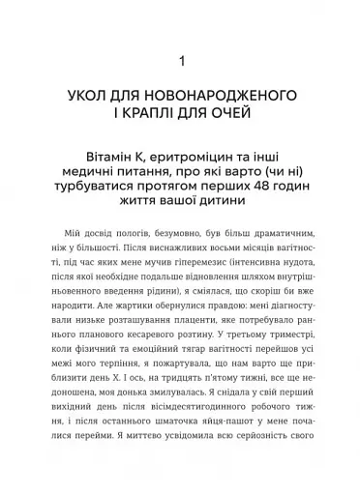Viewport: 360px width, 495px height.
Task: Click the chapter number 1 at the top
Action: (180, 64)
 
